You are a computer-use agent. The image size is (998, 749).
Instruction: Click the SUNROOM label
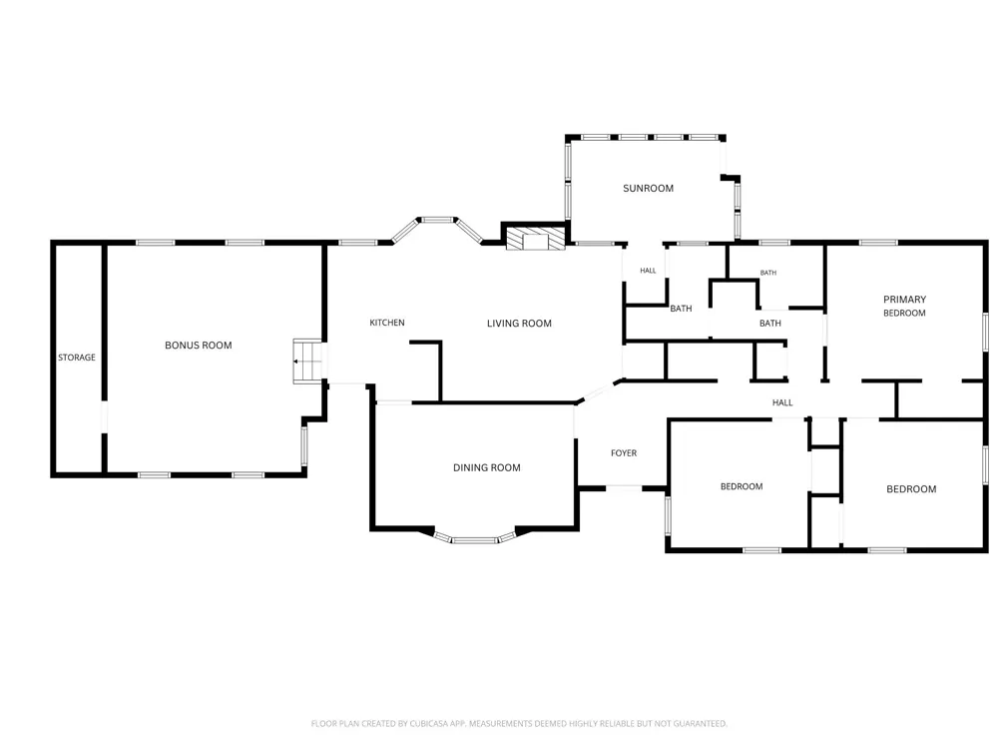pyautogui.click(x=648, y=188)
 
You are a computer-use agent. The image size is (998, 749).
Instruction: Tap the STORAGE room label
pyautogui.click(x=77, y=358)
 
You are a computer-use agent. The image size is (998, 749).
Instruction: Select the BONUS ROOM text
pyautogui.click(x=199, y=346)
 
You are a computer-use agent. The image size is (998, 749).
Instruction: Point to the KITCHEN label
pyautogui.click(x=387, y=323)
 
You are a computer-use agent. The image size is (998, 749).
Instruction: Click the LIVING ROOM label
pyautogui.click(x=519, y=323)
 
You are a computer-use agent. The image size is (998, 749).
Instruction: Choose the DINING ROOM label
pyautogui.click(x=487, y=467)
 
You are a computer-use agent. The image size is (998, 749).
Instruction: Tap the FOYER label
pyautogui.click(x=624, y=452)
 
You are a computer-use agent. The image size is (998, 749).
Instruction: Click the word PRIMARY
pyautogui.click(x=904, y=299)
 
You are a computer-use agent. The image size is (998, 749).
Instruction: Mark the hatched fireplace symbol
pyautogui.click(x=535, y=239)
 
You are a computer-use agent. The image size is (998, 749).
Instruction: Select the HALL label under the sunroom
pyautogui.click(x=648, y=271)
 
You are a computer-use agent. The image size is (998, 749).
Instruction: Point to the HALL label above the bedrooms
pyautogui.click(x=782, y=402)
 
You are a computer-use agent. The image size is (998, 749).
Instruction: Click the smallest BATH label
pyautogui.click(x=768, y=273)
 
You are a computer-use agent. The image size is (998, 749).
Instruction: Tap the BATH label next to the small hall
pyautogui.click(x=681, y=309)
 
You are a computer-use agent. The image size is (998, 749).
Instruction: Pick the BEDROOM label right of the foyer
pyautogui.click(x=742, y=486)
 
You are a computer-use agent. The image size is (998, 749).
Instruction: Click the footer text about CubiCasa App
pyautogui.click(x=519, y=723)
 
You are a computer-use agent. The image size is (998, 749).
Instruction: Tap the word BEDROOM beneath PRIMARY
pyautogui.click(x=904, y=313)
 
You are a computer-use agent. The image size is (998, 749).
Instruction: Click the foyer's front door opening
pyautogui.click(x=624, y=488)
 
